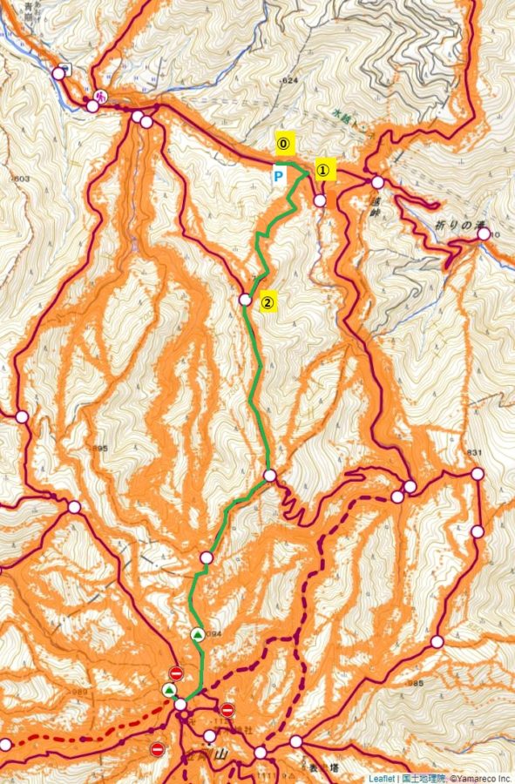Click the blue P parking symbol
[x=279, y=175]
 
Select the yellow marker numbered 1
[x=322, y=171]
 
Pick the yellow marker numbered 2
[x=268, y=303]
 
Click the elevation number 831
[x=474, y=452]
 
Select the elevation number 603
[x=20, y=179]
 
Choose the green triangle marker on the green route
[x=198, y=634]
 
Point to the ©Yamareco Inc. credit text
[x=479, y=778]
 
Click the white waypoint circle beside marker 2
[x=245, y=299]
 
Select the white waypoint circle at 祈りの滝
[x=484, y=234]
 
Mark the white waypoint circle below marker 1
[x=320, y=200]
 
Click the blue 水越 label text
[x=344, y=113]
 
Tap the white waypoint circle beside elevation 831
[x=478, y=474]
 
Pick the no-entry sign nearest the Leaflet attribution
[x=158, y=749]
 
